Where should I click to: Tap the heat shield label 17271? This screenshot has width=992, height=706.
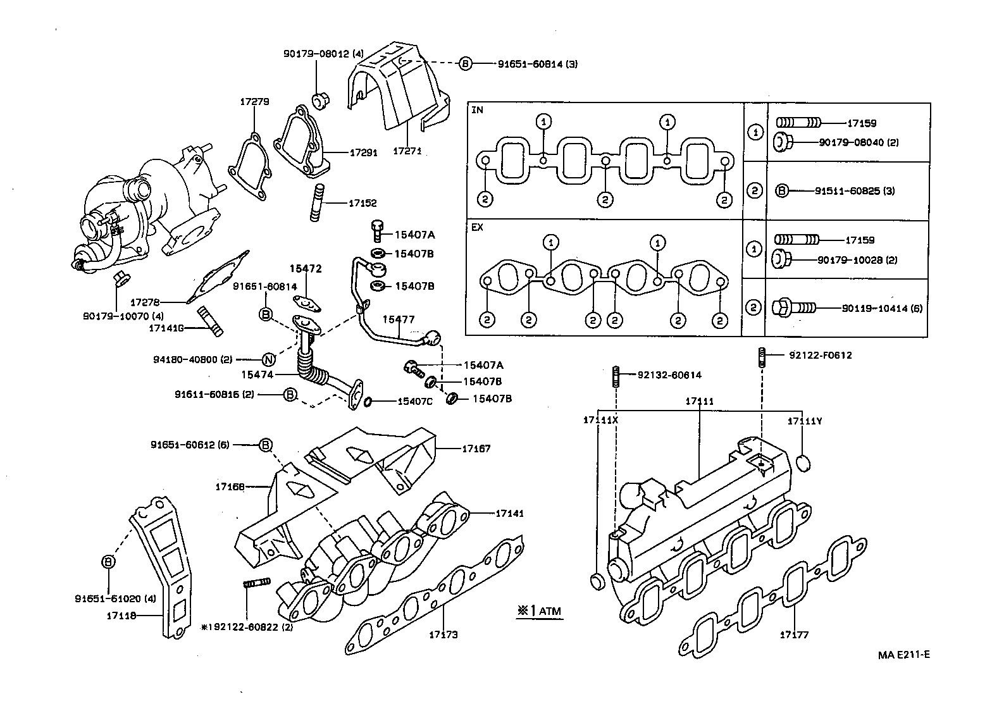coord(407,151)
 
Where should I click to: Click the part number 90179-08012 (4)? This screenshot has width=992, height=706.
coord(323,54)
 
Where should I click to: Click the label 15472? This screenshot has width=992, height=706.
coord(306,269)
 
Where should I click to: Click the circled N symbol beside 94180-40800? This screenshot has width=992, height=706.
coord(268,360)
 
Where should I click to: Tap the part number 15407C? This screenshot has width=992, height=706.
coord(415,401)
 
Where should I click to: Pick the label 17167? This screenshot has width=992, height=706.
coord(476,449)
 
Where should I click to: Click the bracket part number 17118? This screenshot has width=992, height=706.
coord(124,614)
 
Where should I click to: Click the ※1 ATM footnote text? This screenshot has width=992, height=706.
coord(538,611)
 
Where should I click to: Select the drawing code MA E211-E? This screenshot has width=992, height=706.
coord(903,655)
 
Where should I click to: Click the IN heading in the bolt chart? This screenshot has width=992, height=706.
coord(477,110)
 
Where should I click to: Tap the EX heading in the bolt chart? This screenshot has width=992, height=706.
coord(477,227)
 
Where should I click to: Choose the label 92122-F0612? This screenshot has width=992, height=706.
coord(820,355)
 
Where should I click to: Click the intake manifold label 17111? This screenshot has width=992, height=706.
coord(700,401)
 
